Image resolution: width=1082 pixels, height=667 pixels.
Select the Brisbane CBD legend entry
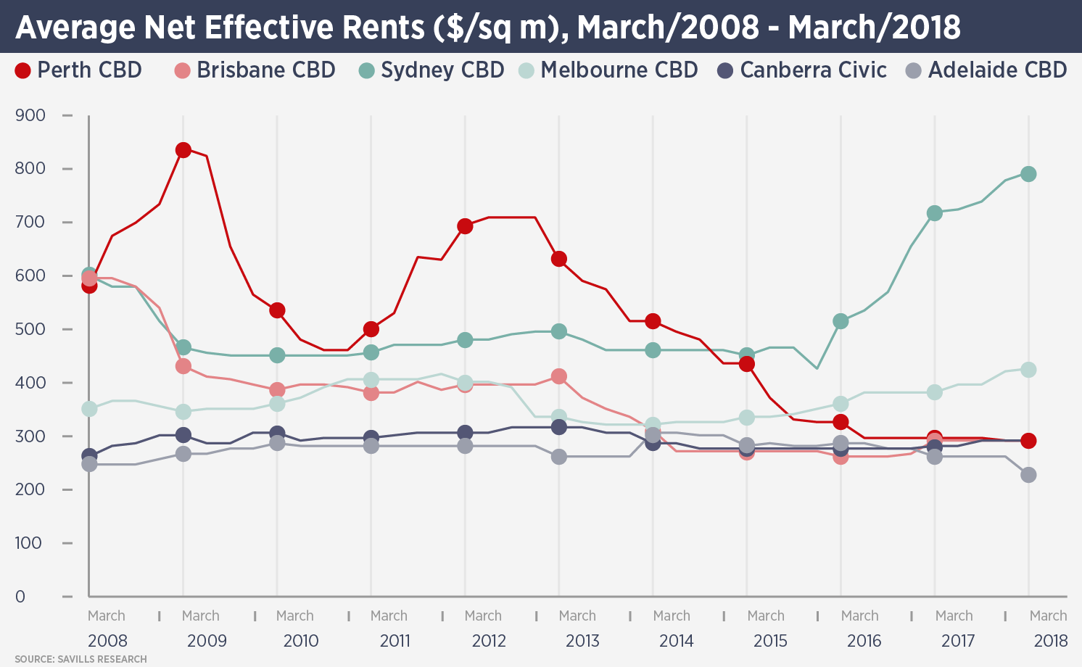255,70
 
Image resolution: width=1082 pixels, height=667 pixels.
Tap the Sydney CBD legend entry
432,70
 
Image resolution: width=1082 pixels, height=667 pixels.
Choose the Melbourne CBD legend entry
608,70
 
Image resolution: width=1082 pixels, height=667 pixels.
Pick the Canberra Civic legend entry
802,70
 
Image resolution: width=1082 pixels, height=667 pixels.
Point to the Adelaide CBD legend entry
987,70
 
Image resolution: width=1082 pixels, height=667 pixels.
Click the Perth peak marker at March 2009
183,150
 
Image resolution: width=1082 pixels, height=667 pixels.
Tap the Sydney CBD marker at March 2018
1028,174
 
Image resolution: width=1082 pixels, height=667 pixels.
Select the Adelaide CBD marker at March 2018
1028,475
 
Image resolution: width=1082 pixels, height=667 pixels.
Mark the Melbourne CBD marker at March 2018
1028,370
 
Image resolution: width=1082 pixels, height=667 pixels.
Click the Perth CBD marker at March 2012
465,226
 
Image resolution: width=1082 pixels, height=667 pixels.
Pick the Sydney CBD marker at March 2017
934,213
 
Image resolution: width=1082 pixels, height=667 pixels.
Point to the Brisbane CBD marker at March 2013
558,376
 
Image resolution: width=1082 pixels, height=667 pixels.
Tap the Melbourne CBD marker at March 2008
89,409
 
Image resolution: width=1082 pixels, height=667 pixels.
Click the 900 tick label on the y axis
30,115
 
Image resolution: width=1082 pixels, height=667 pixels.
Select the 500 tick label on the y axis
30,329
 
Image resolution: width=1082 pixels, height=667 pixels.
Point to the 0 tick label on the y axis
20,597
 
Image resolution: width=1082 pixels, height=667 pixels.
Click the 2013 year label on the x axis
582,641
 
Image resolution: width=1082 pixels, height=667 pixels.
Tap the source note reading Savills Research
80,659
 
